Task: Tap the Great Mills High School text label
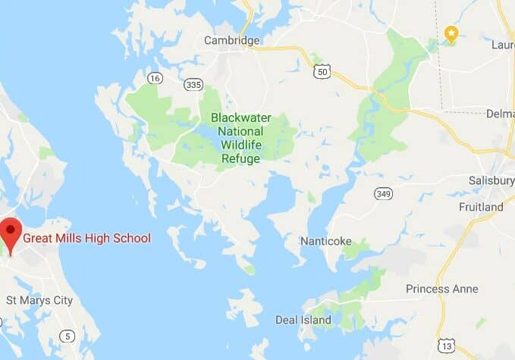click(86, 238)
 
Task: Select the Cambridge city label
click(231, 41)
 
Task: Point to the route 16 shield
click(155, 78)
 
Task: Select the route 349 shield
click(383, 193)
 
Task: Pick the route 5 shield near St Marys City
click(69, 337)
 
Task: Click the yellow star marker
click(451, 33)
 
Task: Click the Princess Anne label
click(441, 289)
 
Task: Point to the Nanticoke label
click(325, 241)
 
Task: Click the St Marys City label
click(39, 300)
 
